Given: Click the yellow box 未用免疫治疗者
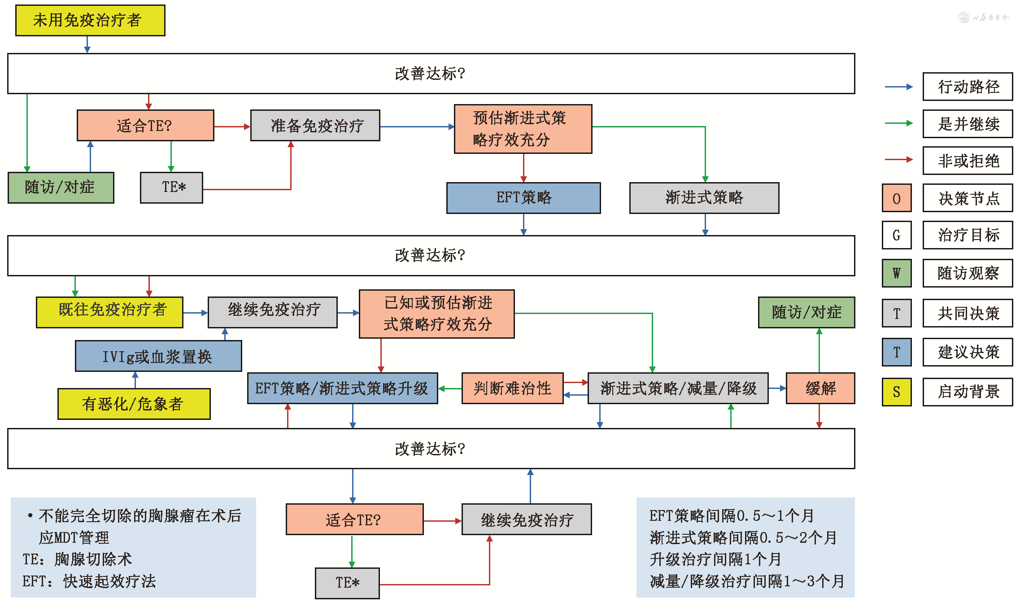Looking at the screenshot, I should click(x=90, y=21).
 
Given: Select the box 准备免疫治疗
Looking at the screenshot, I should click(x=315, y=126).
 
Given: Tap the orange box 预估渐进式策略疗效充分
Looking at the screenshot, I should click(x=523, y=129).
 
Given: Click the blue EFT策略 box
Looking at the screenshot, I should click(x=523, y=198).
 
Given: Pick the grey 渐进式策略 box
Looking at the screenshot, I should click(x=704, y=198).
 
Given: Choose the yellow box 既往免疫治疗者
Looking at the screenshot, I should click(x=110, y=312).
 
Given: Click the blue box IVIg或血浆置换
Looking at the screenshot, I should click(x=158, y=356).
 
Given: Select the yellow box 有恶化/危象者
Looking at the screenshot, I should click(x=134, y=404).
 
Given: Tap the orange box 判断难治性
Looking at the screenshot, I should click(x=512, y=388).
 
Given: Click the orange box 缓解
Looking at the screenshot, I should click(x=820, y=388).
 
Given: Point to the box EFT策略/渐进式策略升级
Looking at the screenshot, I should click(x=342, y=388).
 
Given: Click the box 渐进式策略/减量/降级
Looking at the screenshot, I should click(x=678, y=388).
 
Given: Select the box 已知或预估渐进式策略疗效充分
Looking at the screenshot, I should click(x=437, y=314).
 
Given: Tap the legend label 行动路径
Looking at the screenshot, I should click(x=968, y=87).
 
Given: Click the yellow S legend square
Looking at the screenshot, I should click(x=896, y=392).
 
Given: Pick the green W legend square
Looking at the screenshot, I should click(x=896, y=273).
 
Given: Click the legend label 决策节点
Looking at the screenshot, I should click(x=968, y=198).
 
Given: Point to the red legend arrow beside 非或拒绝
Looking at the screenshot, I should click(x=898, y=160).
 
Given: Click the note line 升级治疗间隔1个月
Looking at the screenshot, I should click(x=715, y=559).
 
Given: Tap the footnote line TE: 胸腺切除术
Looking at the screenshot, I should click(x=78, y=559).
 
